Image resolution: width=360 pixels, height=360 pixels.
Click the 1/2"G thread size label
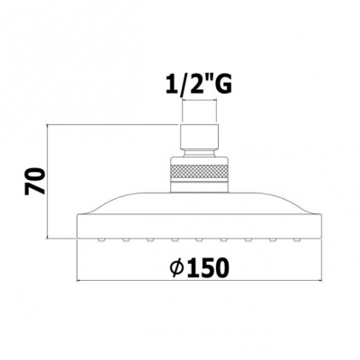199,85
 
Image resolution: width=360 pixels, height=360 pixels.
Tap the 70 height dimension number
35,182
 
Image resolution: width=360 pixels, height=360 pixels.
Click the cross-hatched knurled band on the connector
201,173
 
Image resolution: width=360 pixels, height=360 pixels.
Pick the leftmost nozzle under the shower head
101,239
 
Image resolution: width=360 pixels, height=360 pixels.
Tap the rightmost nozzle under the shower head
297,239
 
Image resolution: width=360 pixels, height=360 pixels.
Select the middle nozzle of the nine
199,239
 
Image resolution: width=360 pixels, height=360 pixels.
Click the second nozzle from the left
126,239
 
